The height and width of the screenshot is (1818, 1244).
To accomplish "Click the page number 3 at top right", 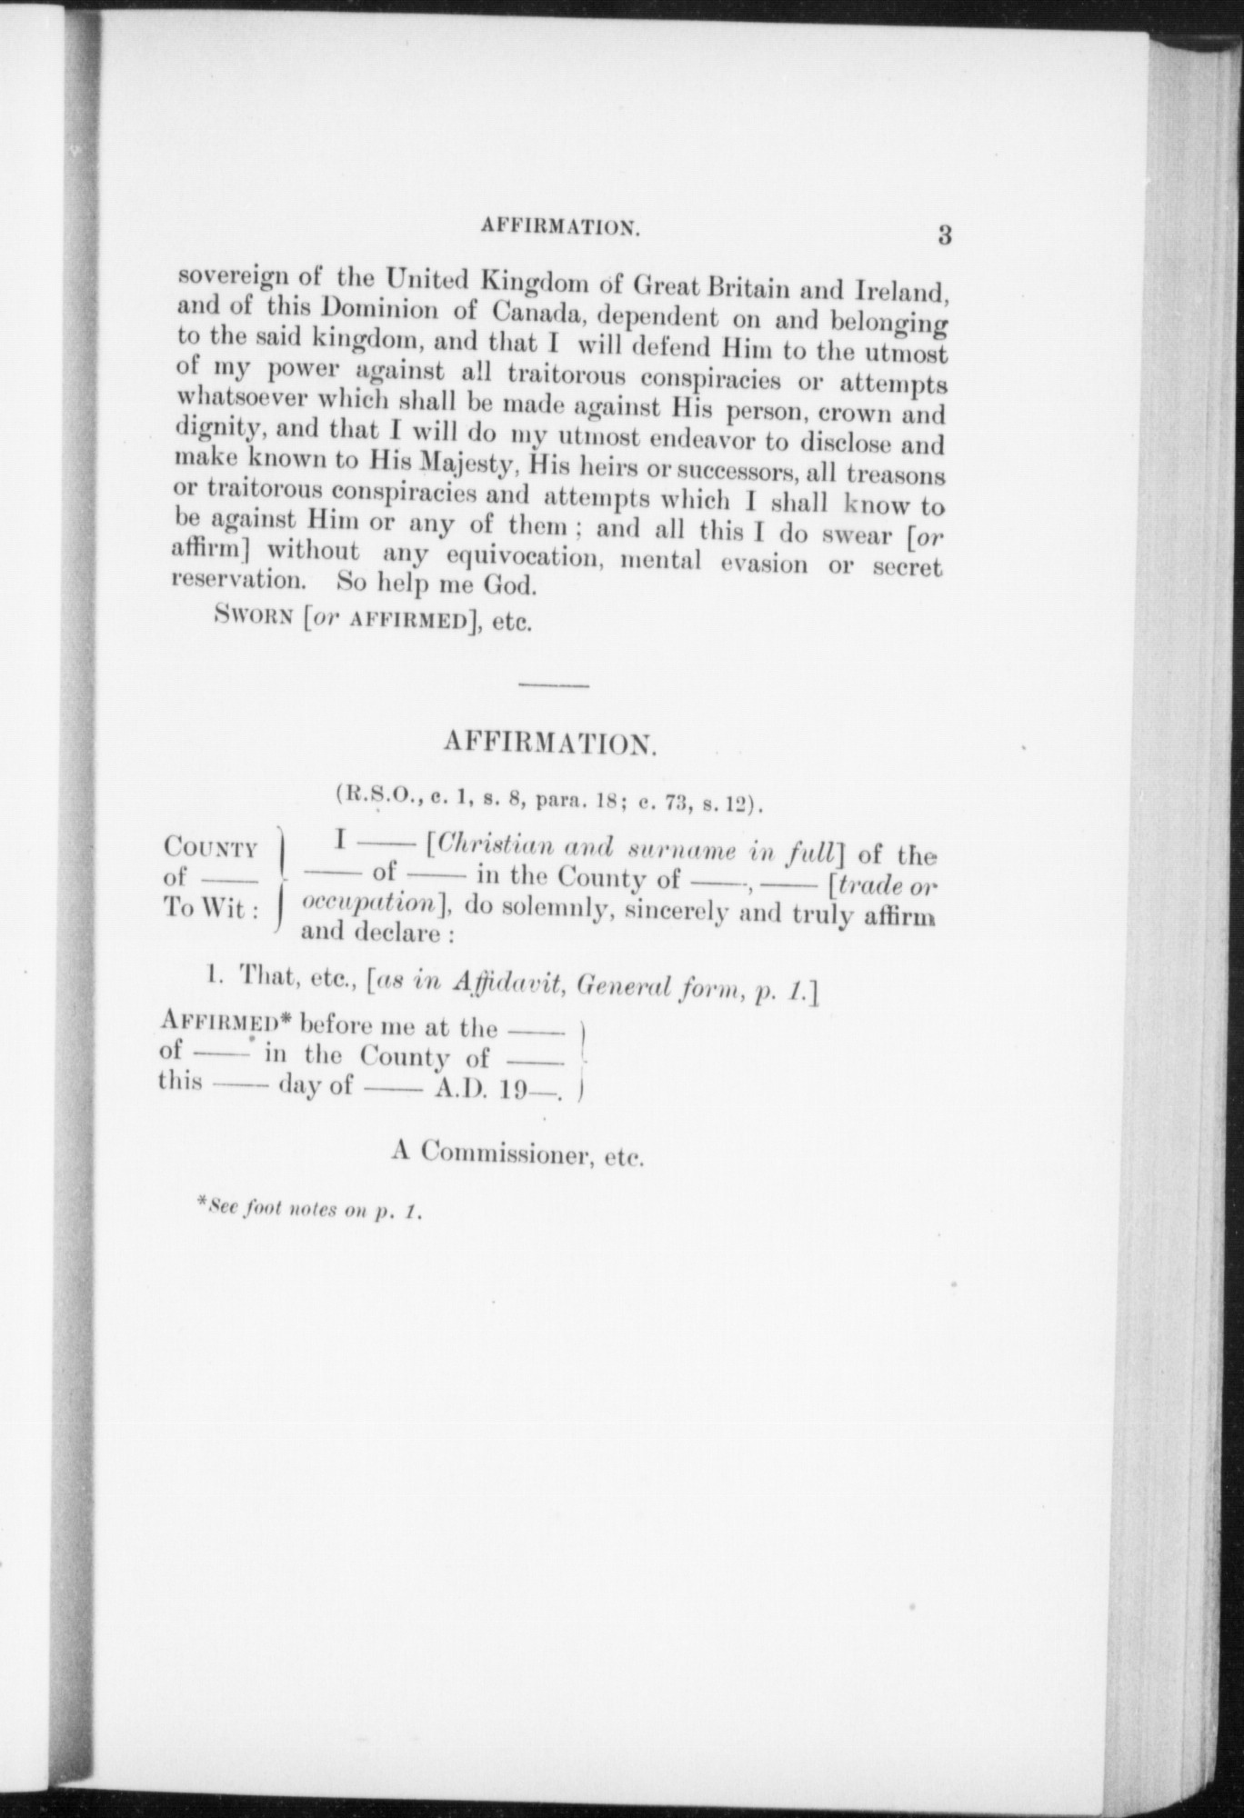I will (x=944, y=235).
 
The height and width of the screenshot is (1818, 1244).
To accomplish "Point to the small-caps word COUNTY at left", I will (x=210, y=847).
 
